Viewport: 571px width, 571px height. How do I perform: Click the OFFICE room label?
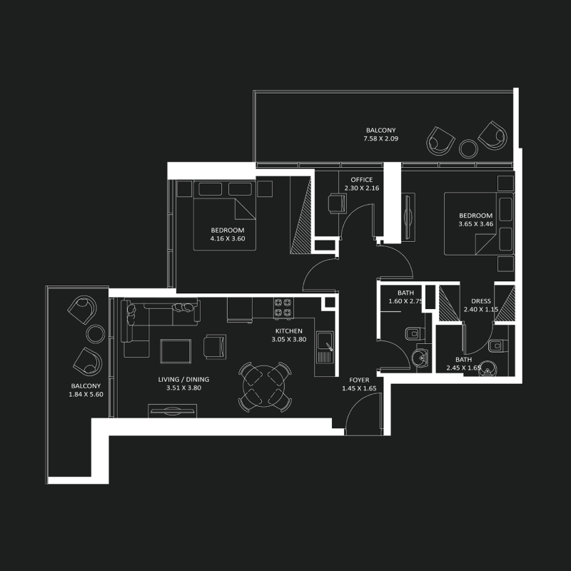[362, 180]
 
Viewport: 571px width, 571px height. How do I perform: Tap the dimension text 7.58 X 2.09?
[382, 138]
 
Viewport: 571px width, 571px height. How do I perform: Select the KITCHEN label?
[289, 331]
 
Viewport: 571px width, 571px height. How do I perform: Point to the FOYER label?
[359, 380]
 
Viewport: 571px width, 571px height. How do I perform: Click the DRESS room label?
[481, 301]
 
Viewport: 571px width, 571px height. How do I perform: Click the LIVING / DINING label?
[181, 380]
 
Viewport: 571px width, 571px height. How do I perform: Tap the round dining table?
[266, 387]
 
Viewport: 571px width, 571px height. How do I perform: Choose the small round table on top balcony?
[469, 148]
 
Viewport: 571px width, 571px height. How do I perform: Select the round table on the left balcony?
[96, 333]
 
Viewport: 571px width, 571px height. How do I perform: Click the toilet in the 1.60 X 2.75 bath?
[413, 334]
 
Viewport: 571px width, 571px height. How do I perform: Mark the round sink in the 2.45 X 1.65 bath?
[487, 370]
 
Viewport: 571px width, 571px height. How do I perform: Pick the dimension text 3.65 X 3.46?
[475, 224]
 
